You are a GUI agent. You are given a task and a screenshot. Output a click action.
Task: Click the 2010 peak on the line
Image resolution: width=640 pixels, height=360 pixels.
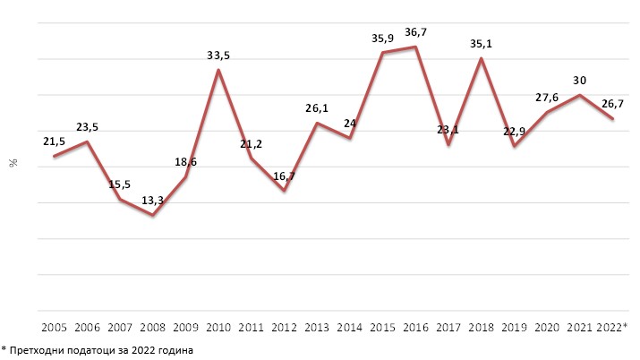pyautogui.click(x=218, y=70)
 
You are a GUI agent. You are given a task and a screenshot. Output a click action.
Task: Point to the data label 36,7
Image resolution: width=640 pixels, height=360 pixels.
pyautogui.click(x=415, y=32)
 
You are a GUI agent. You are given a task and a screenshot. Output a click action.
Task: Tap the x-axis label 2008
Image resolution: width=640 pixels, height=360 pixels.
pyautogui.click(x=152, y=327)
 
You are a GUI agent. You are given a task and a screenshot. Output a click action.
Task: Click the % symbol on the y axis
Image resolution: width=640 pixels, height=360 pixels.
pyautogui.click(x=13, y=164)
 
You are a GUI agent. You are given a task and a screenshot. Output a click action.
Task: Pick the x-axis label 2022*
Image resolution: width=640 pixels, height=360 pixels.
pyautogui.click(x=612, y=327)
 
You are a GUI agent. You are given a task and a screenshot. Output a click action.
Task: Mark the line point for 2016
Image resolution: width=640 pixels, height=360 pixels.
pyautogui.click(x=416, y=47)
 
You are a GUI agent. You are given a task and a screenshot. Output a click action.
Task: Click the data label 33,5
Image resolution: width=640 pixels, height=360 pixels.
pyautogui.click(x=218, y=55)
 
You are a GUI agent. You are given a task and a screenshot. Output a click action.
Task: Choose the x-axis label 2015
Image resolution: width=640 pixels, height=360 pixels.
pyautogui.click(x=383, y=327)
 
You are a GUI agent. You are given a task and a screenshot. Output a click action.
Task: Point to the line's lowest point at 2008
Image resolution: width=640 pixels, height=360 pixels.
pyautogui.click(x=153, y=215)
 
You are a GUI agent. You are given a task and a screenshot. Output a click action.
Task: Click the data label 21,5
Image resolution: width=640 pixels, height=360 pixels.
pyautogui.click(x=55, y=142)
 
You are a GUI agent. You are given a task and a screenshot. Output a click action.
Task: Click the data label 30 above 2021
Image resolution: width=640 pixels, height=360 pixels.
pyautogui.click(x=580, y=79)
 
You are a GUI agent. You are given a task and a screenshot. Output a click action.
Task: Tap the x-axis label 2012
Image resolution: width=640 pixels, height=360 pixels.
pyautogui.click(x=285, y=327)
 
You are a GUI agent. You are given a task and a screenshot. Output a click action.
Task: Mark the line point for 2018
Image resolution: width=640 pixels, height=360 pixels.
pyautogui.click(x=482, y=59)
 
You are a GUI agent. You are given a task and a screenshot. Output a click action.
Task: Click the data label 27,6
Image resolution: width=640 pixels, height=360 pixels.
pyautogui.click(x=547, y=97)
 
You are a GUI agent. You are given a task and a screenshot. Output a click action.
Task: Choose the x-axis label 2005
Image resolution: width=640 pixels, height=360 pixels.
pyautogui.click(x=55, y=327)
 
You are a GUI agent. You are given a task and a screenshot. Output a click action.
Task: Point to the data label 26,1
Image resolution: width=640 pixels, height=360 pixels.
pyautogui.click(x=317, y=107)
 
